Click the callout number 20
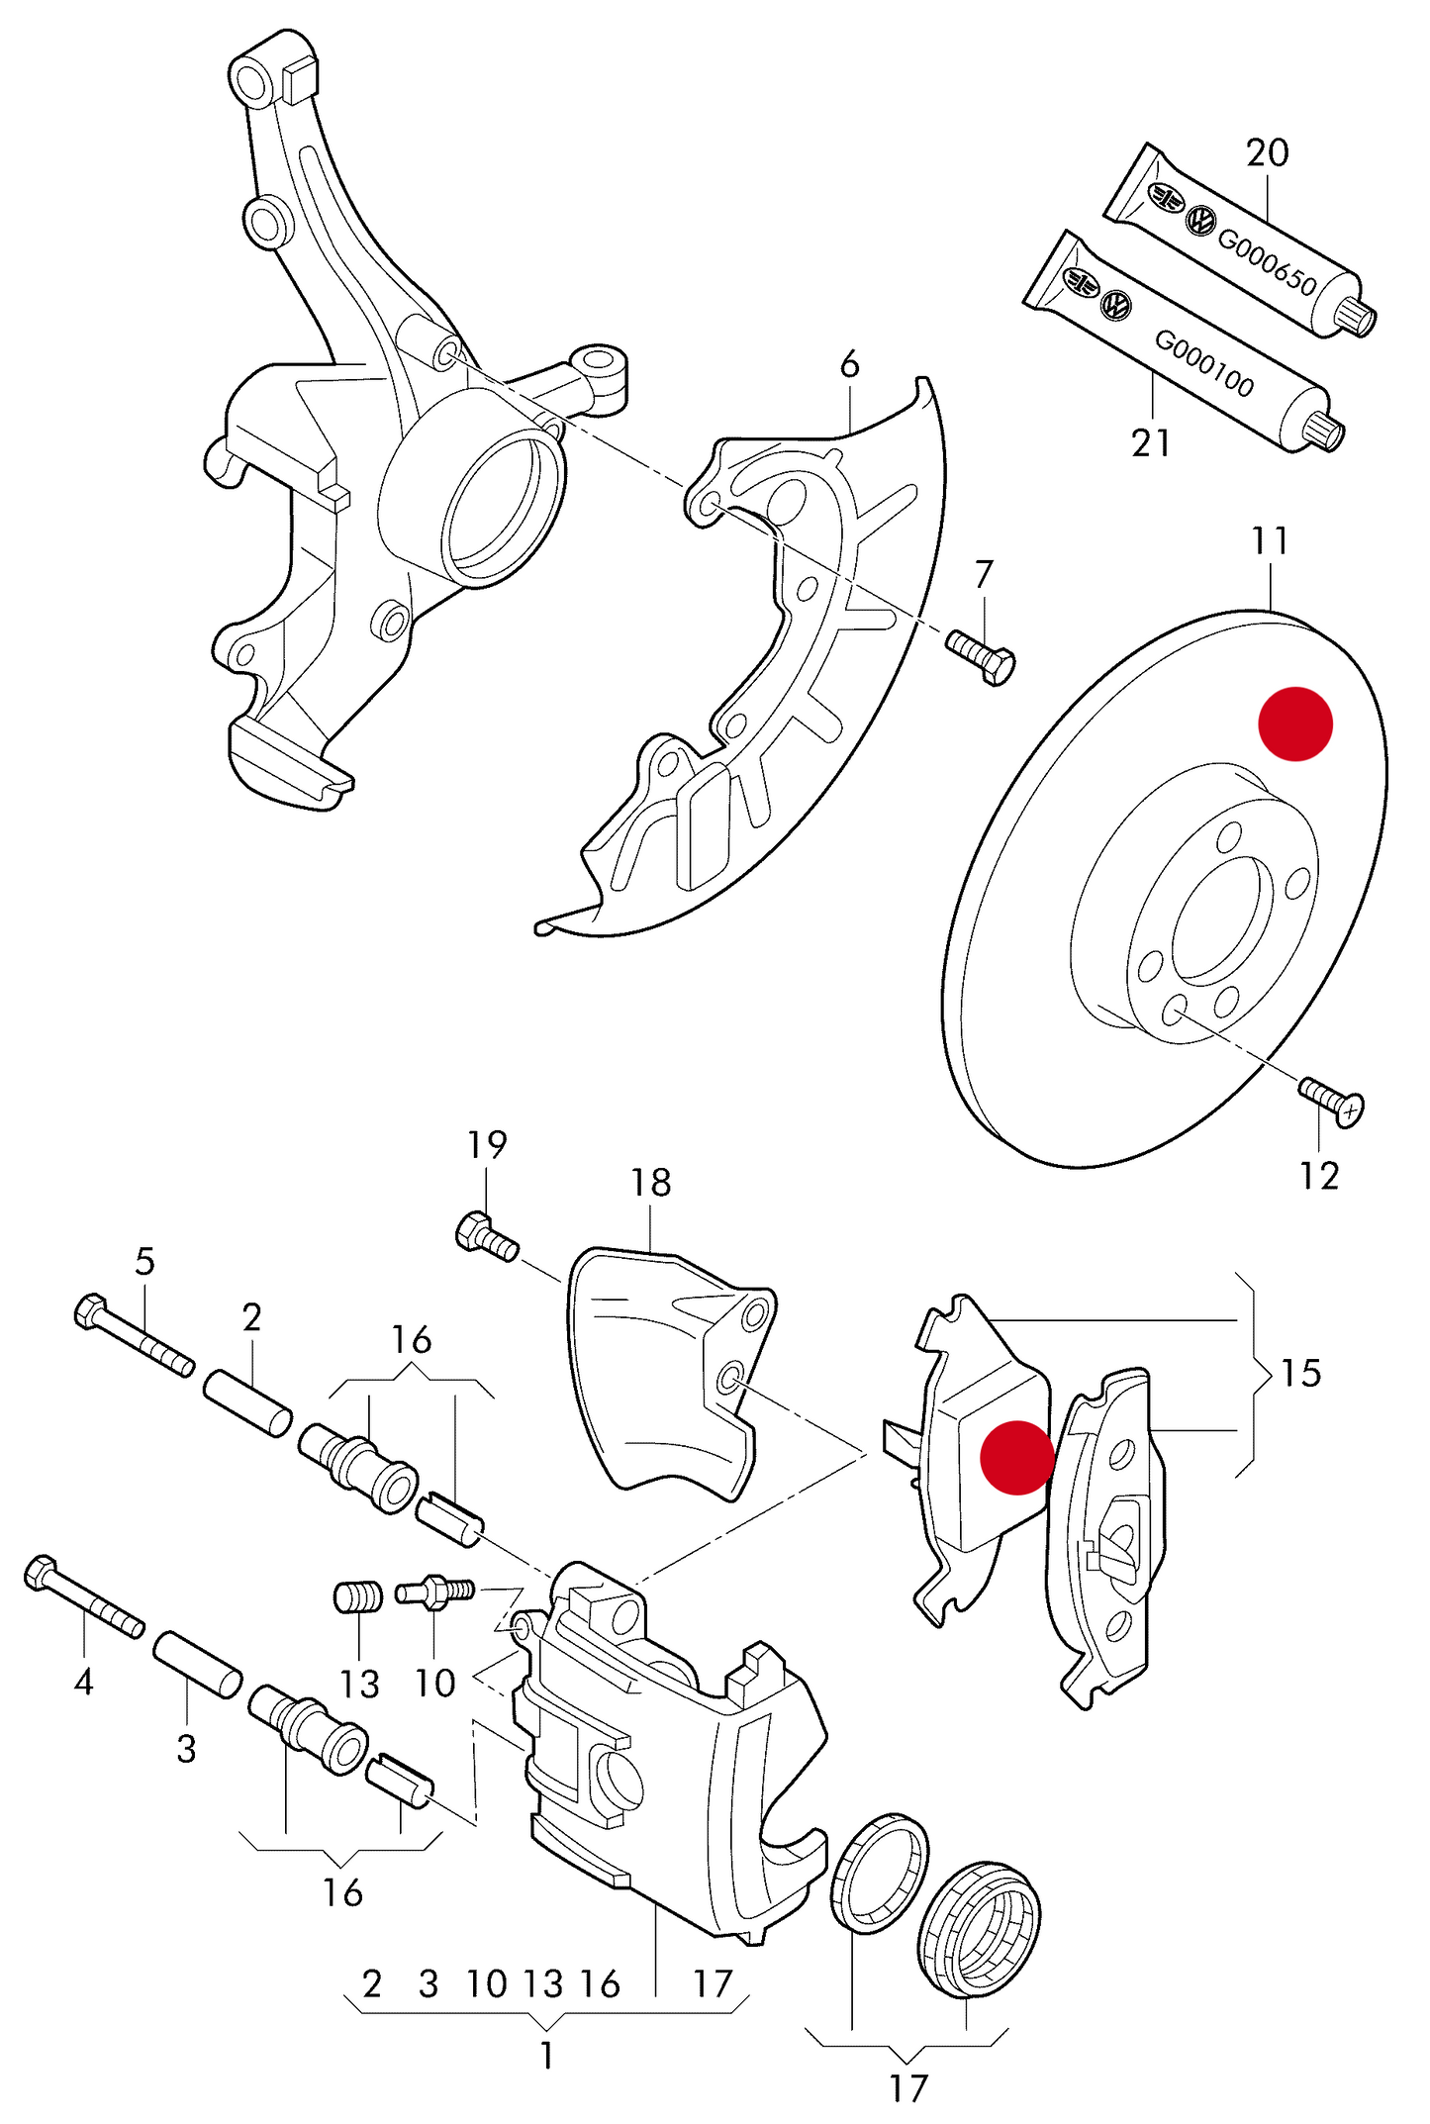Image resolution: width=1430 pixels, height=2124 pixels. pyautogui.click(x=1267, y=152)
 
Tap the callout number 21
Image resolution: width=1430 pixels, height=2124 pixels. pyautogui.click(x=1151, y=442)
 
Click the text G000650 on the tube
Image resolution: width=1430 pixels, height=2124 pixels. pyautogui.click(x=1267, y=262)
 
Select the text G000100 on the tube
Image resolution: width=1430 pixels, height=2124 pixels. pyautogui.click(x=1204, y=363)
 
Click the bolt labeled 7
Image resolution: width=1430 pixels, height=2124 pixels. pyautogui.click(x=981, y=656)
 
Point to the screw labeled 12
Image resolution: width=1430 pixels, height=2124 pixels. pyautogui.click(x=1332, y=1101)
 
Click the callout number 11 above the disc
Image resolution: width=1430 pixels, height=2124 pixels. pyautogui.click(x=1270, y=540)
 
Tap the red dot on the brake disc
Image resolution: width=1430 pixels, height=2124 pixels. pyautogui.click(x=1295, y=724)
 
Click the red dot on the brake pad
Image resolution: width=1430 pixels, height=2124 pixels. pyautogui.click(x=1016, y=1457)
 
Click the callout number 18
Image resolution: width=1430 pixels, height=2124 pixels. pyautogui.click(x=650, y=1182)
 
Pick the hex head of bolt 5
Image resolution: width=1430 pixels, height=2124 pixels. pyautogui.click(x=90, y=1312)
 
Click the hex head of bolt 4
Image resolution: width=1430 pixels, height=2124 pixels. pyautogui.click(x=41, y=1573)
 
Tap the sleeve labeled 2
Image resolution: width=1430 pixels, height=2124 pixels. pyautogui.click(x=247, y=1400)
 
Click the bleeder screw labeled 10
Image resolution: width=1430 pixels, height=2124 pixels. pyautogui.click(x=435, y=1593)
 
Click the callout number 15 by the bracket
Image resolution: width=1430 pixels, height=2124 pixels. pyautogui.click(x=1300, y=1373)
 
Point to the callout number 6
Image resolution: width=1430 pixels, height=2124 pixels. pyautogui.click(x=849, y=364)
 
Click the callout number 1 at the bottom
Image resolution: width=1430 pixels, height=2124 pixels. pyautogui.click(x=546, y=2056)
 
